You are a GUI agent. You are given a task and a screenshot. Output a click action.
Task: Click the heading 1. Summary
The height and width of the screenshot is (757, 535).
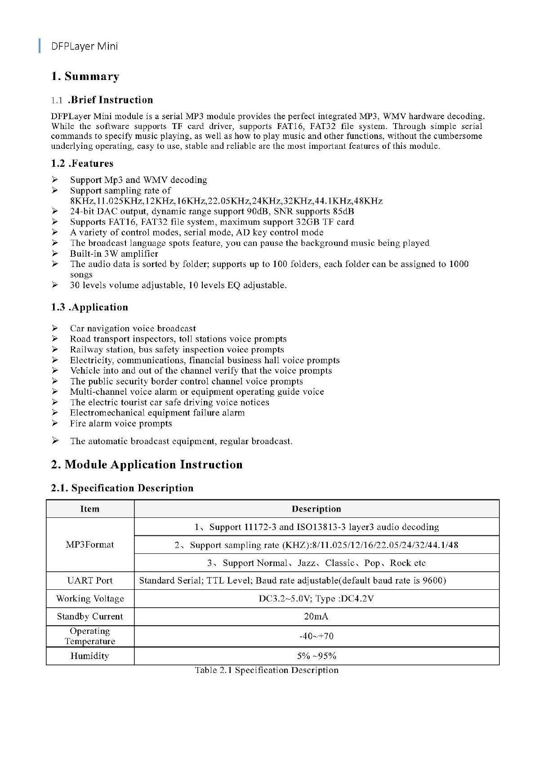pyautogui.click(x=85, y=76)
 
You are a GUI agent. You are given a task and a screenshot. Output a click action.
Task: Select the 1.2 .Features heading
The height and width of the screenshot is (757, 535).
pyautogui.click(x=82, y=164)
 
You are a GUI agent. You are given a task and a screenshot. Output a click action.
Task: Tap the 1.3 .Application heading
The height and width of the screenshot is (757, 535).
pyautogui.click(x=89, y=307)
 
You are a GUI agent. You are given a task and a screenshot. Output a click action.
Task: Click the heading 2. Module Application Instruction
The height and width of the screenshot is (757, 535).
pyautogui.click(x=147, y=465)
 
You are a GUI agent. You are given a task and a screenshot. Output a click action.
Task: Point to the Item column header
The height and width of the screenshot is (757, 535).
pyautogui.click(x=90, y=509)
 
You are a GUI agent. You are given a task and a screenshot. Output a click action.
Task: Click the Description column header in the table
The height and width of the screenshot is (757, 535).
pyautogui.click(x=316, y=509)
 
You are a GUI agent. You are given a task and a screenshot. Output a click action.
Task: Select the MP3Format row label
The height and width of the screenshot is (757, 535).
pyautogui.click(x=90, y=545)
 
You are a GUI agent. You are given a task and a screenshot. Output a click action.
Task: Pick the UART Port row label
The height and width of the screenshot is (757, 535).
pyautogui.click(x=90, y=581)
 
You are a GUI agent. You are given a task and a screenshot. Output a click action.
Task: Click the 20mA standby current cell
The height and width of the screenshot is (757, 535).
pyautogui.click(x=316, y=617)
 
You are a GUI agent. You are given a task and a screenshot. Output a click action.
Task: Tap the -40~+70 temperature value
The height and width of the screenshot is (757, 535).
pyautogui.click(x=316, y=637)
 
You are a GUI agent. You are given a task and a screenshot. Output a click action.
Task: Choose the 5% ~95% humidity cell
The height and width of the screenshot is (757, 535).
pyautogui.click(x=316, y=656)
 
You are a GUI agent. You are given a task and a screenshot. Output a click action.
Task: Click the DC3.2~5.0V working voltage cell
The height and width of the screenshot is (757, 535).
pyautogui.click(x=316, y=599)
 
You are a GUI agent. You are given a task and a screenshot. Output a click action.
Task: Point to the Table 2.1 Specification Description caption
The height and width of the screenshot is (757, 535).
pyautogui.click(x=267, y=670)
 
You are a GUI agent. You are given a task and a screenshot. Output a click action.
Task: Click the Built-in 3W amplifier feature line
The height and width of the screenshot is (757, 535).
pyautogui.click(x=114, y=254)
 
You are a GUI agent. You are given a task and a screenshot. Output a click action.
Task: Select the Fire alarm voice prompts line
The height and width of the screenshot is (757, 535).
pyautogui.click(x=120, y=423)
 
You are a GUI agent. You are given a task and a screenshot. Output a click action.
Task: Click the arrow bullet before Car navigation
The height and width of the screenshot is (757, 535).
pyautogui.click(x=55, y=328)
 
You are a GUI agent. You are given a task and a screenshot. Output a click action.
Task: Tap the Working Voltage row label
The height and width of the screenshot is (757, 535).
pyautogui.click(x=90, y=599)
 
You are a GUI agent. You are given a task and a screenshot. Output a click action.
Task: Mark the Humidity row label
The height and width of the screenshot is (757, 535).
pyautogui.click(x=90, y=656)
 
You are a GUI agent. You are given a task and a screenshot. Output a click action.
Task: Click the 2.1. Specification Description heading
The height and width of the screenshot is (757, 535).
pyautogui.click(x=122, y=488)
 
